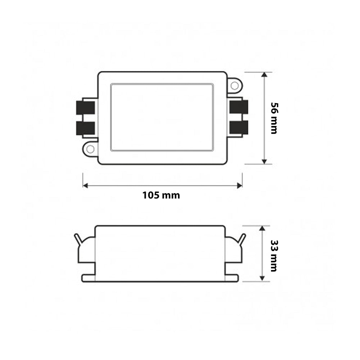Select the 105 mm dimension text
(161, 195)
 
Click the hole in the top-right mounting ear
(234, 86)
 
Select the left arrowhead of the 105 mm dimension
(86, 185)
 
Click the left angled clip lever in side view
(77, 238)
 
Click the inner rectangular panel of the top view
(162, 117)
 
